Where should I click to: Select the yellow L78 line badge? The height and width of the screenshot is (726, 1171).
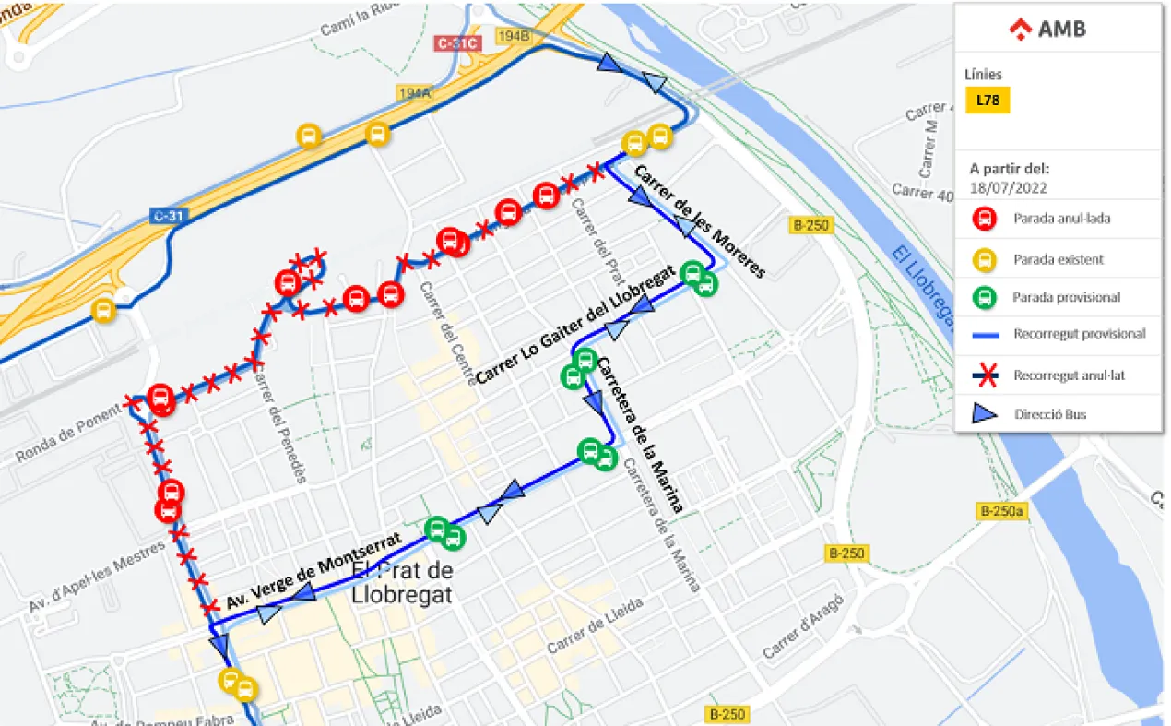[988, 100]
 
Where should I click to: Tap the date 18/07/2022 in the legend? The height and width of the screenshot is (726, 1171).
[1008, 187]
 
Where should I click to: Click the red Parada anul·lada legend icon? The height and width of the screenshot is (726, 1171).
[985, 220]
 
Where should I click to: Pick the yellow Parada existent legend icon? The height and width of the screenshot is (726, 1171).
[985, 259]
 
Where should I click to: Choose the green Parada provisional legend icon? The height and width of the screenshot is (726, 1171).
[985, 297]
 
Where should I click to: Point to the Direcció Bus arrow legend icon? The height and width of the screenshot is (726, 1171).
[985, 414]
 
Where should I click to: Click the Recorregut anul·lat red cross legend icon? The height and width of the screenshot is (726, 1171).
[985, 375]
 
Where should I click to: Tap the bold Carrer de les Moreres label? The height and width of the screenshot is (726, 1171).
[699, 220]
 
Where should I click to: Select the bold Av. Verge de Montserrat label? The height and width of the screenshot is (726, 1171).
[313, 572]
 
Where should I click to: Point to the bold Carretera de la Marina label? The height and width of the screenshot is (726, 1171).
[641, 434]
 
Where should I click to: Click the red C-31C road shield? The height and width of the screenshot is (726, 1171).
[457, 43]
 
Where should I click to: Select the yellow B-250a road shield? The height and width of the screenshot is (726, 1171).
[1001, 511]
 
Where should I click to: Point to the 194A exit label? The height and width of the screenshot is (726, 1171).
[415, 93]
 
